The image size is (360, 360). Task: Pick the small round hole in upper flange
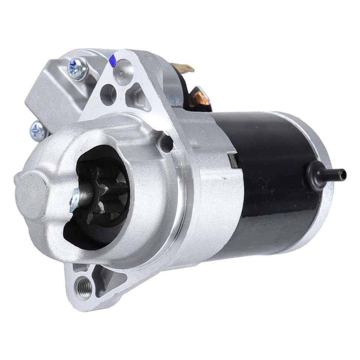coord(108,90)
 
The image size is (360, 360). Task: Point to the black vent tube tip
coord(342,173)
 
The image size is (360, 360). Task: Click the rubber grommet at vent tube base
coord(314,172)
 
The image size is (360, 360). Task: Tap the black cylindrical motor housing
coord(270,187)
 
